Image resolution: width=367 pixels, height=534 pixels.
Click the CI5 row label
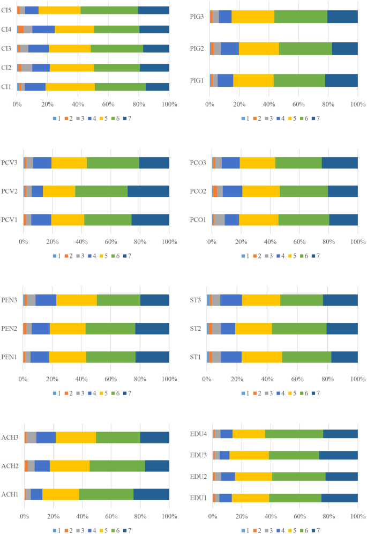click(x=7, y=10)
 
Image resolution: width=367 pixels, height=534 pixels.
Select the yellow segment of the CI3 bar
click(x=70, y=48)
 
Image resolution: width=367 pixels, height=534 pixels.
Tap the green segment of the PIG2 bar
click(x=305, y=48)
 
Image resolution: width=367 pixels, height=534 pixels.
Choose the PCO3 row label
click(x=198, y=162)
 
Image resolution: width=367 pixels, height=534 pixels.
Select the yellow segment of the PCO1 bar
click(x=258, y=220)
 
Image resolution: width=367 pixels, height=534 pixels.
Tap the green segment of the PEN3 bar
click(x=118, y=300)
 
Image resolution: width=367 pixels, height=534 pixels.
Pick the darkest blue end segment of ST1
click(x=344, y=357)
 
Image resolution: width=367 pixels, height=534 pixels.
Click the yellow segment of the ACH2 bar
click(x=70, y=465)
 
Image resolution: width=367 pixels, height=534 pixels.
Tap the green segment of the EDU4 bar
click(x=294, y=434)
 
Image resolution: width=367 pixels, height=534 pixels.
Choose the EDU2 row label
click(x=198, y=477)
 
